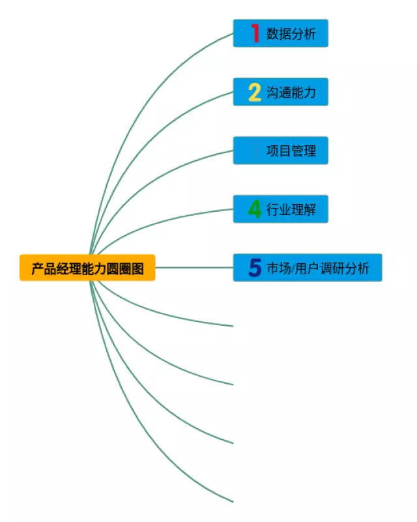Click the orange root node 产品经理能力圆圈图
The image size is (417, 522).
[x=87, y=268]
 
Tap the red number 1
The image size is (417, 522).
[x=255, y=33]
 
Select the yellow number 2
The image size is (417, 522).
[x=254, y=92]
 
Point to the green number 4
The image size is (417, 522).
[x=255, y=209]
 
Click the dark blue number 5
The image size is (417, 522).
[x=255, y=268]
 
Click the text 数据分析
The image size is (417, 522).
[x=291, y=34]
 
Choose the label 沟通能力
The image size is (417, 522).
[x=291, y=93]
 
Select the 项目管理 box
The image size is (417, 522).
[x=281, y=151]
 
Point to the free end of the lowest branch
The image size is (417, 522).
[x=232, y=501]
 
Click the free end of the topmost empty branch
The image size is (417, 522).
[x=232, y=325]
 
